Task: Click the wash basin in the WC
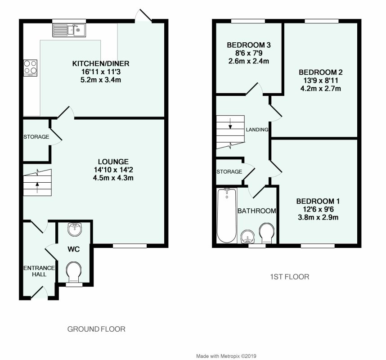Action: (74, 230)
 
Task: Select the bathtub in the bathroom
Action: (226, 216)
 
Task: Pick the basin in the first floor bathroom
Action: (247, 236)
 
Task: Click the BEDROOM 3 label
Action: (248, 45)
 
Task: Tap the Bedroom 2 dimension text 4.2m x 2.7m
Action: (320, 88)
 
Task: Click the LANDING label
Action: (257, 130)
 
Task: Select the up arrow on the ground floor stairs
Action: (37, 184)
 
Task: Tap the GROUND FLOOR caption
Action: (96, 329)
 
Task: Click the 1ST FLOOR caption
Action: (287, 277)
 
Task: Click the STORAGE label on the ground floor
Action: (36, 137)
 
